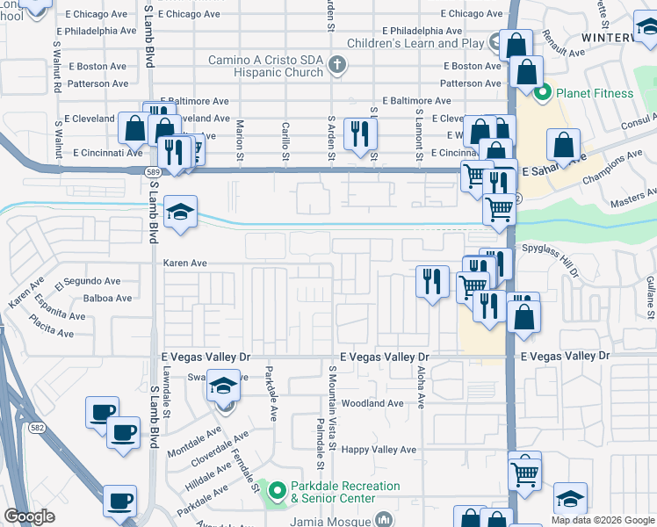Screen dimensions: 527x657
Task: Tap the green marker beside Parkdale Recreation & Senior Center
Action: coord(277,489)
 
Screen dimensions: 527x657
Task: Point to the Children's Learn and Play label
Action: coord(415,43)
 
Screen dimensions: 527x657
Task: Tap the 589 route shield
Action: coord(151,172)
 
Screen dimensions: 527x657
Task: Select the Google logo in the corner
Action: coord(30,516)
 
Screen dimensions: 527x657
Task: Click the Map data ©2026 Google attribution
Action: coord(603,520)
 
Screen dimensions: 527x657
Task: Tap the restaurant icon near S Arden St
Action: coord(360,134)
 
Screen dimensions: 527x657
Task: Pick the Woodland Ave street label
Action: coord(372,404)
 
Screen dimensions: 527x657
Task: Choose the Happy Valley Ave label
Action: coord(379,450)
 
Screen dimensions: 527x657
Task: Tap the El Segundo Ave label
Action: coord(88,282)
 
